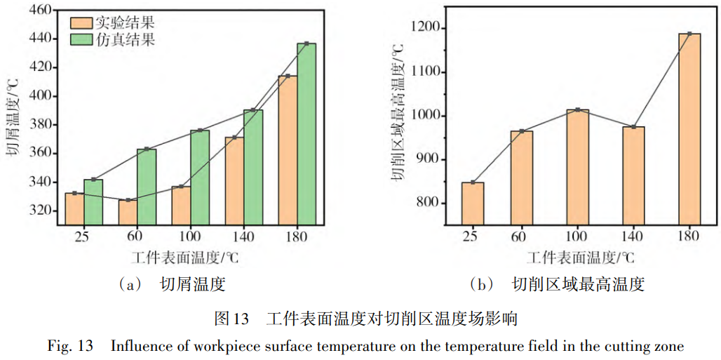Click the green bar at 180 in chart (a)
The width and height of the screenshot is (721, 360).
pyautogui.click(x=306, y=133)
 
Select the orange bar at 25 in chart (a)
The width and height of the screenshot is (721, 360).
pyautogui.click(x=74, y=208)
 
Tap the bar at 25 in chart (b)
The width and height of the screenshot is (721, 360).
pyautogui.click(x=473, y=204)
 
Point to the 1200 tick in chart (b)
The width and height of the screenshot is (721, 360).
pyautogui.click(x=428, y=28)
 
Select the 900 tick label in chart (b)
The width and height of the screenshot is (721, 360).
pyautogui.click(x=431, y=159)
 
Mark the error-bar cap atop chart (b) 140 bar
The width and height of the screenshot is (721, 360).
pyautogui.click(x=634, y=127)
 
